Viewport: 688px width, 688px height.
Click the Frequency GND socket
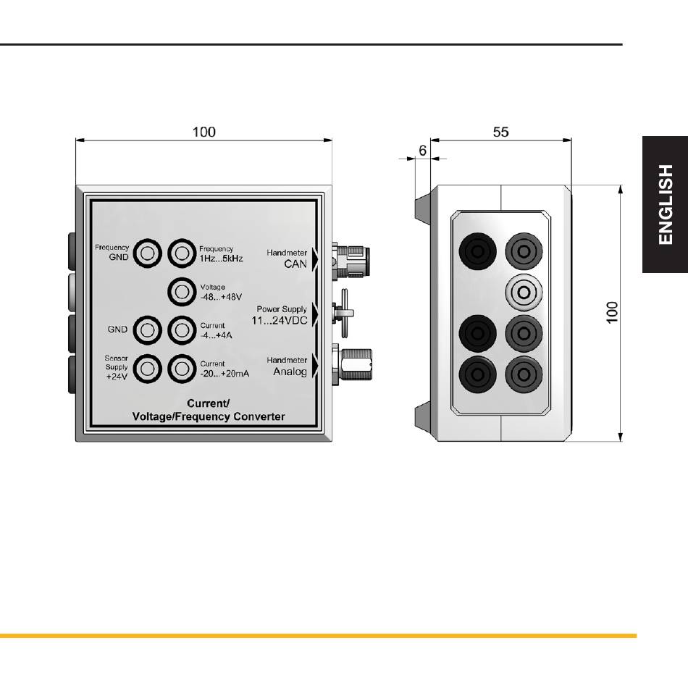coord(148,253)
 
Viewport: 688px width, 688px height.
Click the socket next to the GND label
coord(148,330)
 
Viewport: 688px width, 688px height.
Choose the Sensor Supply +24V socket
coord(148,368)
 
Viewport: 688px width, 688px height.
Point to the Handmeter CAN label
coord(287,259)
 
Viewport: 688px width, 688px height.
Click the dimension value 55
coord(500,133)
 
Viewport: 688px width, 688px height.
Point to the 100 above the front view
coord(204,132)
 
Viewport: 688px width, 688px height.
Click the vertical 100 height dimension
coord(612,312)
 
